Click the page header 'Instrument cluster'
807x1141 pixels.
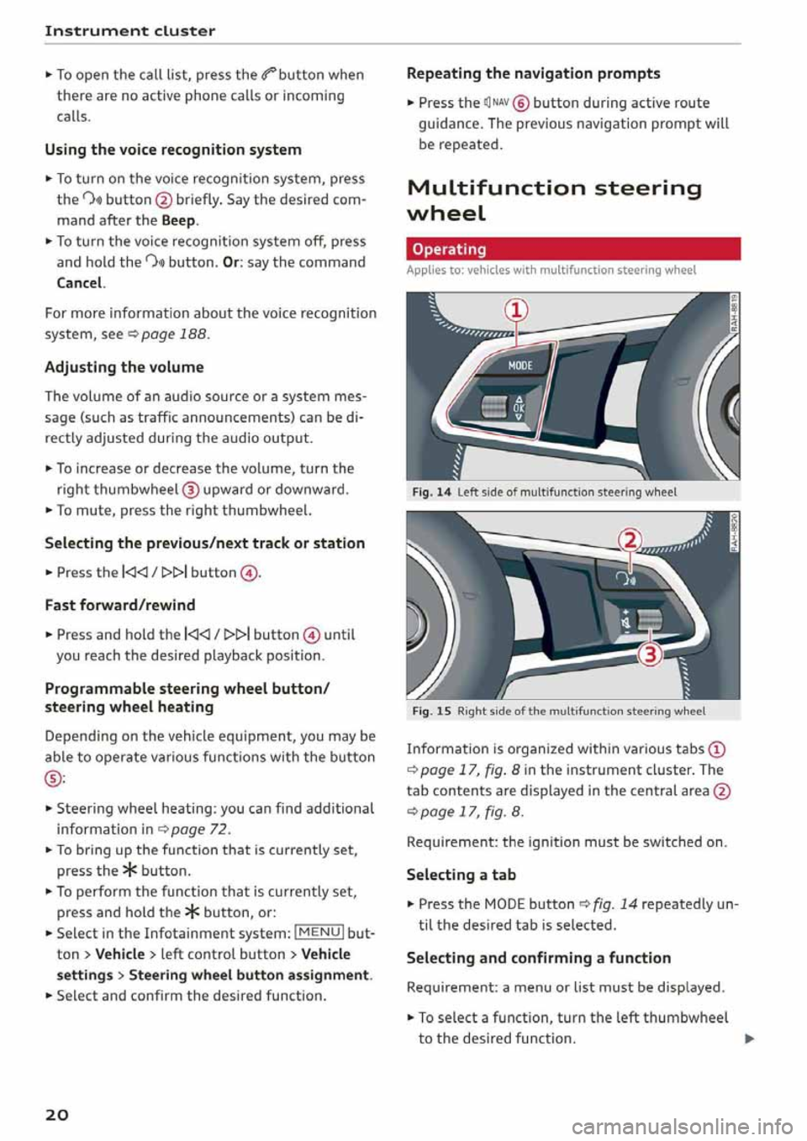click(x=130, y=31)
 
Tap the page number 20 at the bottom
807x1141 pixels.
click(x=57, y=1114)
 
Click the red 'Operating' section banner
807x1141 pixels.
click(x=572, y=250)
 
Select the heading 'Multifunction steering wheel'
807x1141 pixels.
click(x=554, y=200)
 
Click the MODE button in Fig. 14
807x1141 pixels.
click(x=520, y=365)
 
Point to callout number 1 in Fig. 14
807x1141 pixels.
click(x=516, y=310)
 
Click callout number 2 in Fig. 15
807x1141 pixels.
click(x=630, y=539)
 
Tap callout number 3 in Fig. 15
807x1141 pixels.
click(x=650, y=654)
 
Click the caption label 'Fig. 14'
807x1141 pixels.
click(x=431, y=492)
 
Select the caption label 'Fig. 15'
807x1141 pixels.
click(x=431, y=711)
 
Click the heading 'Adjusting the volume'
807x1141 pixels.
click(x=124, y=367)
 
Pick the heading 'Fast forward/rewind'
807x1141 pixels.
click(x=120, y=605)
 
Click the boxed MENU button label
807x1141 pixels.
click(x=319, y=933)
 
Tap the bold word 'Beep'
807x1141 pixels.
click(x=178, y=220)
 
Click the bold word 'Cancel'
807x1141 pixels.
click(x=80, y=283)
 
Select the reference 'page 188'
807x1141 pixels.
click(x=174, y=334)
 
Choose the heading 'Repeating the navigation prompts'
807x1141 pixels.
click(x=533, y=74)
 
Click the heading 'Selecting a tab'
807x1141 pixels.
click(x=461, y=875)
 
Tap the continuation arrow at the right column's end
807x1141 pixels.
click(x=749, y=1038)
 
